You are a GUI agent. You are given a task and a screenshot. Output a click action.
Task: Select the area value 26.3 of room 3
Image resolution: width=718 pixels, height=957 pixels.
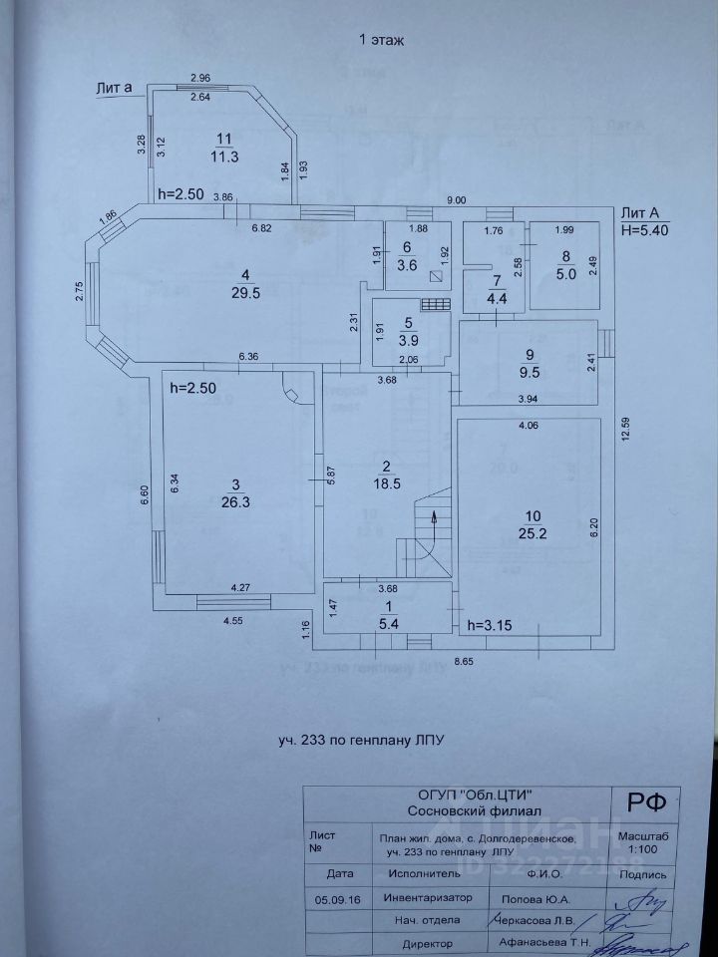click(235, 503)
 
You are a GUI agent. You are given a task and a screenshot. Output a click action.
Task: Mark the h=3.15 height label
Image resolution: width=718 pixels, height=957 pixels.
click(490, 626)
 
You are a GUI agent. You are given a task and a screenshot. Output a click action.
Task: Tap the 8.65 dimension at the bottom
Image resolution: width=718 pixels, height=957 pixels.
click(462, 660)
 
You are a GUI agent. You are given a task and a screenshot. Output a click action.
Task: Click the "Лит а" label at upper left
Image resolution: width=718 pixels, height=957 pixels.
click(115, 88)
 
